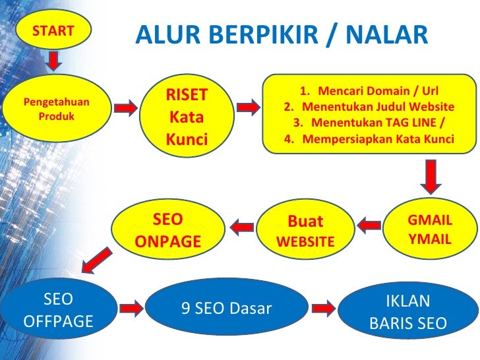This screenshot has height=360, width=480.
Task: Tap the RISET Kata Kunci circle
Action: [186, 117]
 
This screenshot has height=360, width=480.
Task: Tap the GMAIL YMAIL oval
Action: [429, 229]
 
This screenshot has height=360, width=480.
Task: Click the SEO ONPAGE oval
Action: [167, 231]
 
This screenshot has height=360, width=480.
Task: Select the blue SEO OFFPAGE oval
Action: [57, 311]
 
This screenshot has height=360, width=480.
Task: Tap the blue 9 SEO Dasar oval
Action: [226, 308]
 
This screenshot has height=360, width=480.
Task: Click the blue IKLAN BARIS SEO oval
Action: [407, 312]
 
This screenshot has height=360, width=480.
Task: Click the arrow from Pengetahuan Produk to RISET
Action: [125, 107]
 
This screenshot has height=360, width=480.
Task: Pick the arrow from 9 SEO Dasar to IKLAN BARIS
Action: [323, 307]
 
